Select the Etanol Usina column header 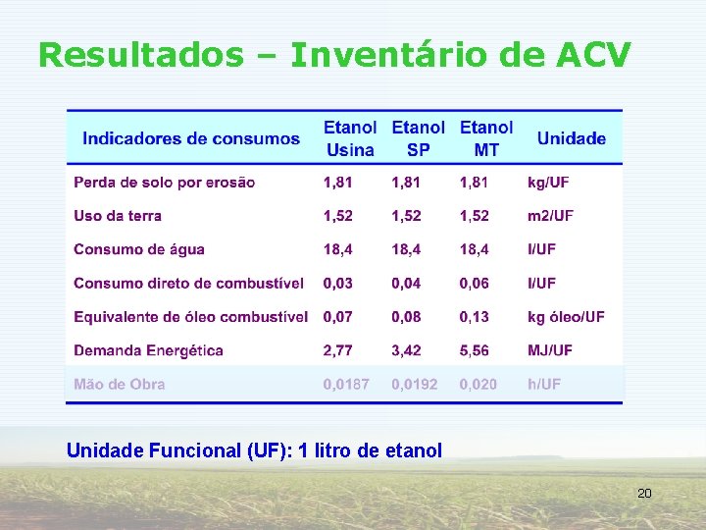(x=350, y=138)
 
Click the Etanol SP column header (x=418, y=138)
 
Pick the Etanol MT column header (x=486, y=138)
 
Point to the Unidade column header (x=572, y=138)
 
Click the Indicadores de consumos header (x=191, y=138)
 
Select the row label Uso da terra (x=118, y=216)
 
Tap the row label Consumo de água (x=139, y=249)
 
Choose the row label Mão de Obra (x=120, y=384)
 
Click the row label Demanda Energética (x=148, y=350)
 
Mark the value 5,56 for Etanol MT (x=475, y=350)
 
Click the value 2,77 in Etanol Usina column (x=338, y=350)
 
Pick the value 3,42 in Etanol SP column (x=407, y=350)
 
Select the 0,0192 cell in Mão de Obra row (x=415, y=384)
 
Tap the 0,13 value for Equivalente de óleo (x=475, y=317)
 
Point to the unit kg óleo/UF (x=566, y=317)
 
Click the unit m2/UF (x=550, y=216)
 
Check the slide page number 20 (x=644, y=493)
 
